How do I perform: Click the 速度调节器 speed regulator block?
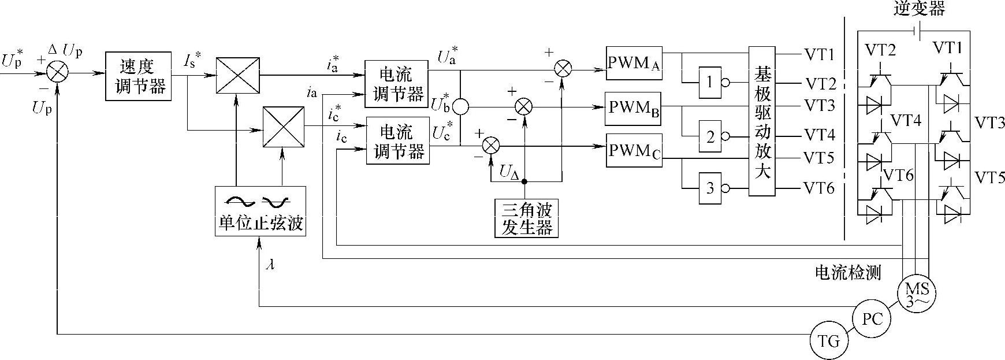pos(139,75)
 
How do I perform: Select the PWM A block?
pos(634,63)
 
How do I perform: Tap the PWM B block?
pos(634,108)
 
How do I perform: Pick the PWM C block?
pos(634,150)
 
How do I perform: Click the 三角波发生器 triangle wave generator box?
pos(527,218)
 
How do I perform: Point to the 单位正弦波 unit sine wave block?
pos(260,210)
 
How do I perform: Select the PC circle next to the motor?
pos(872,318)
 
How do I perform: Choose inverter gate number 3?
pos(710,188)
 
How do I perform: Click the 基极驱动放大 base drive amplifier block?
pos(762,121)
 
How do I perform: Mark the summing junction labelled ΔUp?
pos(58,73)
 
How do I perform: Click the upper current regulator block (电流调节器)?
pos(396,84)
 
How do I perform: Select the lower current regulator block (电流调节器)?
pos(397,141)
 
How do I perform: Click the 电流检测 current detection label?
pos(848,273)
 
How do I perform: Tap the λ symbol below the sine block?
pos(270,265)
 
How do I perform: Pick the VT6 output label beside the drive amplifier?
pos(818,188)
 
